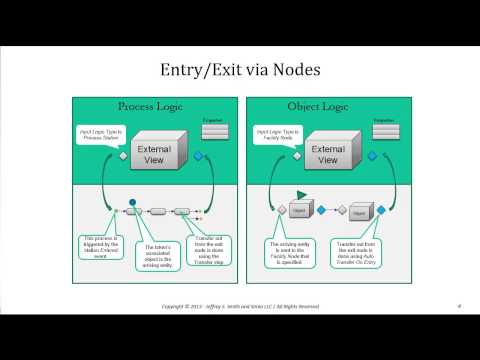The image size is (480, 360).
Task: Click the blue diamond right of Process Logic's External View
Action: (199, 156)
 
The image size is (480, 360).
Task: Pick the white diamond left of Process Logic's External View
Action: (121, 157)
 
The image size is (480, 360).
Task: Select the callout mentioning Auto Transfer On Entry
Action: (367, 249)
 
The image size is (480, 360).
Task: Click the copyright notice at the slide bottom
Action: (239, 305)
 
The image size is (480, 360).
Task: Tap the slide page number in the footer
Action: (457, 305)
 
